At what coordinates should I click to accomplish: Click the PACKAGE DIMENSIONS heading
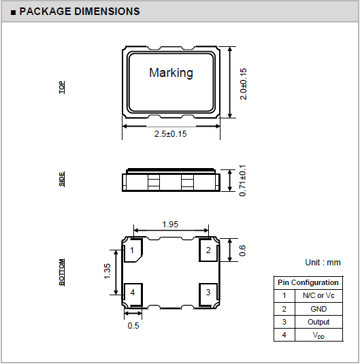tap(80, 12)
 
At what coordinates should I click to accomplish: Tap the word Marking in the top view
tap(171, 73)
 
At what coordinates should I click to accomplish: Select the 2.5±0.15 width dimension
tap(171, 134)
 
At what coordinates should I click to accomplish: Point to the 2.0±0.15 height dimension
tap(243, 84)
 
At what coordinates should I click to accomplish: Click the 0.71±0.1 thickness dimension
tap(242, 180)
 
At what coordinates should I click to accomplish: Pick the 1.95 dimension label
tap(170, 225)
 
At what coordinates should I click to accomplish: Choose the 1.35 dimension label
tap(107, 271)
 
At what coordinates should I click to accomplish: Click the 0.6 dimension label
tap(242, 250)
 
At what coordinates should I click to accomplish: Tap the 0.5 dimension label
tap(133, 326)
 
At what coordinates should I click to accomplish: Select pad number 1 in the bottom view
tap(132, 250)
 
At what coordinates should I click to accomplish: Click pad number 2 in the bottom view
tap(208, 250)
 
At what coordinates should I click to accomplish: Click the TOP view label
tap(62, 87)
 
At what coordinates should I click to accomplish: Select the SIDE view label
tap(62, 179)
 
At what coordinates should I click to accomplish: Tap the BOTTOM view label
tap(62, 272)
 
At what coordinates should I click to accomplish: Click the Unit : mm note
tap(323, 263)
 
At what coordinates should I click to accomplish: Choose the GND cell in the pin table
tap(318, 309)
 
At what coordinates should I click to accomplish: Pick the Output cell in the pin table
tap(318, 322)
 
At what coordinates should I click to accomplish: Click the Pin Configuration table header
tap(308, 282)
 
